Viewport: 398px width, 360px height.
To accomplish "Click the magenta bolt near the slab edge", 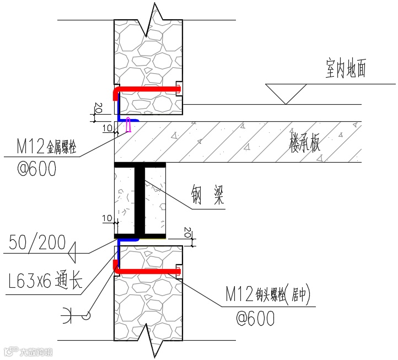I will coord(128,125).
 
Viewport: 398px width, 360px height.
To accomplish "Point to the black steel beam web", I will coord(140,200).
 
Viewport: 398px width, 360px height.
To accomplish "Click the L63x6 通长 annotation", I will coord(46,281).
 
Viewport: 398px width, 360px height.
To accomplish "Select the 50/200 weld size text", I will coord(37,243).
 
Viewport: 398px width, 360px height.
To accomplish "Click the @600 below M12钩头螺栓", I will coord(254,318).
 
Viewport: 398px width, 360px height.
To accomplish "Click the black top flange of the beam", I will coord(140,164).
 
